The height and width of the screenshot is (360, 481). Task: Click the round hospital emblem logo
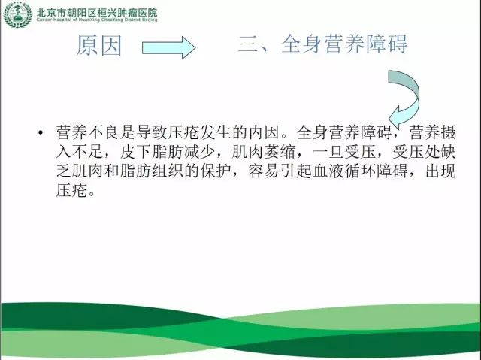point(17,15)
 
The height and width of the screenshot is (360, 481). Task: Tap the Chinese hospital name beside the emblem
point(97,12)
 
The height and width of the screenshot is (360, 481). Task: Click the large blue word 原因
point(98,45)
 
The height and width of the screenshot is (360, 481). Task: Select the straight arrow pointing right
point(168,47)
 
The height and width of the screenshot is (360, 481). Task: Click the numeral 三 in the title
point(249,44)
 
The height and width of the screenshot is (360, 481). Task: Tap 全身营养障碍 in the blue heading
point(344,44)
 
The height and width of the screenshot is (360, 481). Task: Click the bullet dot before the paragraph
point(41,132)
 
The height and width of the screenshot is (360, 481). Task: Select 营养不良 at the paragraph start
point(88,132)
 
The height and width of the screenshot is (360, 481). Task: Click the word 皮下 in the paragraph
point(135,152)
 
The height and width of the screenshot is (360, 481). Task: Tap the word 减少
point(199,152)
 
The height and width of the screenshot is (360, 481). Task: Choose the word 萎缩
point(279,152)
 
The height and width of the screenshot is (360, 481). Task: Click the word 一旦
point(328,152)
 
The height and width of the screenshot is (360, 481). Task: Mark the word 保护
point(216,171)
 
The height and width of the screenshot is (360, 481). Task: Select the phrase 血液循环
point(344,171)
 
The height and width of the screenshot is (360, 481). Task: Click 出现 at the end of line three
point(440,171)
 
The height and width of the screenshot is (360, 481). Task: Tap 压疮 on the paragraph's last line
point(72,190)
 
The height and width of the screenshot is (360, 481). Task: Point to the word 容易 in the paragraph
point(264,171)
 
